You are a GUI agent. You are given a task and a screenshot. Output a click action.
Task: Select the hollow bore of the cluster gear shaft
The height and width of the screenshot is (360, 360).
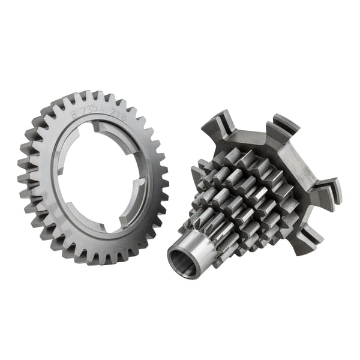(x=181, y=262)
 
